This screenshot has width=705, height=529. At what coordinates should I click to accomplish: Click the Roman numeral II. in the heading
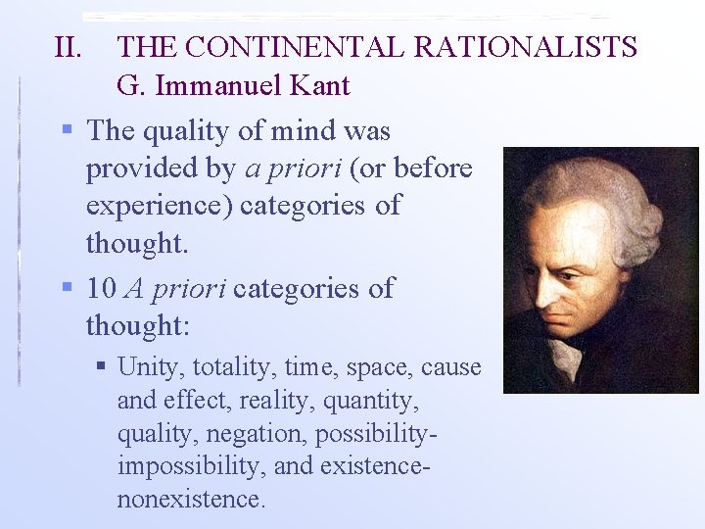pyautogui.click(x=70, y=46)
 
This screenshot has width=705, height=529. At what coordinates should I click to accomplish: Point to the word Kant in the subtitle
pyautogui.click(x=317, y=86)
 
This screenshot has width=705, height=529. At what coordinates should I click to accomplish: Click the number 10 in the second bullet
pyautogui.click(x=102, y=288)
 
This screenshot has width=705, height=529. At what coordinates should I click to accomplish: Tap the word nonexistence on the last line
pyautogui.click(x=191, y=499)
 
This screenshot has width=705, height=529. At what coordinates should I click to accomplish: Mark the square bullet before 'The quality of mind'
pyautogui.click(x=67, y=130)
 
